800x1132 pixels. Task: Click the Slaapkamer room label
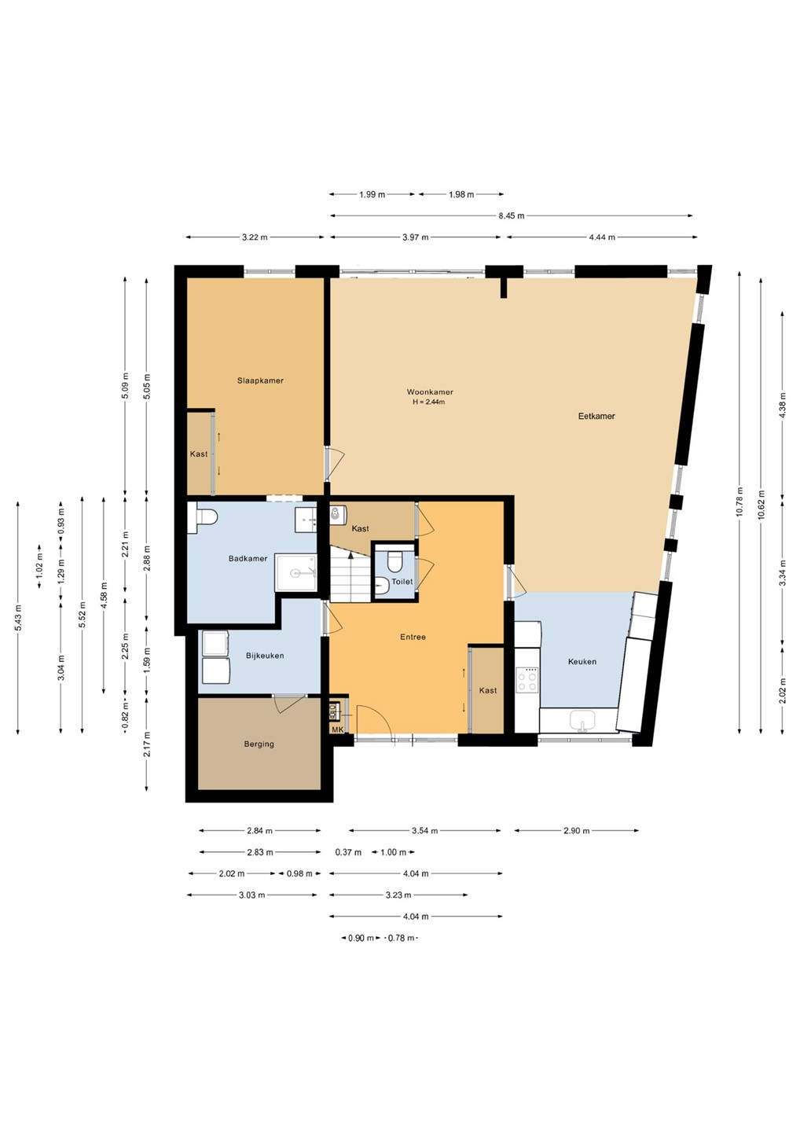[x=260, y=380]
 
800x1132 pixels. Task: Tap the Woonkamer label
[x=430, y=391]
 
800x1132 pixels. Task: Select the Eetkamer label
[x=596, y=416]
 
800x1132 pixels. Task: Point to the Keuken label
[x=582, y=661]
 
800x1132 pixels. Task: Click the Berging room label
[x=259, y=744]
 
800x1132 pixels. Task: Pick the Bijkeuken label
[x=265, y=656]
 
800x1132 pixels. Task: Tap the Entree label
[x=413, y=637]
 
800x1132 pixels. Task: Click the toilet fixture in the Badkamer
[x=202, y=517]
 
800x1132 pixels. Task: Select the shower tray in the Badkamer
[x=296, y=572]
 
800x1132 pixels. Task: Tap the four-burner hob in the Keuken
[x=527, y=680]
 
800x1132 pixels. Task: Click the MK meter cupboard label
[x=337, y=730]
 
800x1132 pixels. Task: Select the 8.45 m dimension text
[x=511, y=215]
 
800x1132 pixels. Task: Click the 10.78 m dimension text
[x=739, y=502]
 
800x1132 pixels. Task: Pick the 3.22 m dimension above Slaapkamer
[x=255, y=237]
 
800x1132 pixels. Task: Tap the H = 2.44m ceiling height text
[x=429, y=402]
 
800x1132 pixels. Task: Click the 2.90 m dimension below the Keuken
[x=577, y=830]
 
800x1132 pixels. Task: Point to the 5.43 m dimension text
[x=17, y=618]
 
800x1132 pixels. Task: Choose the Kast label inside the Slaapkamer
[x=199, y=454]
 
